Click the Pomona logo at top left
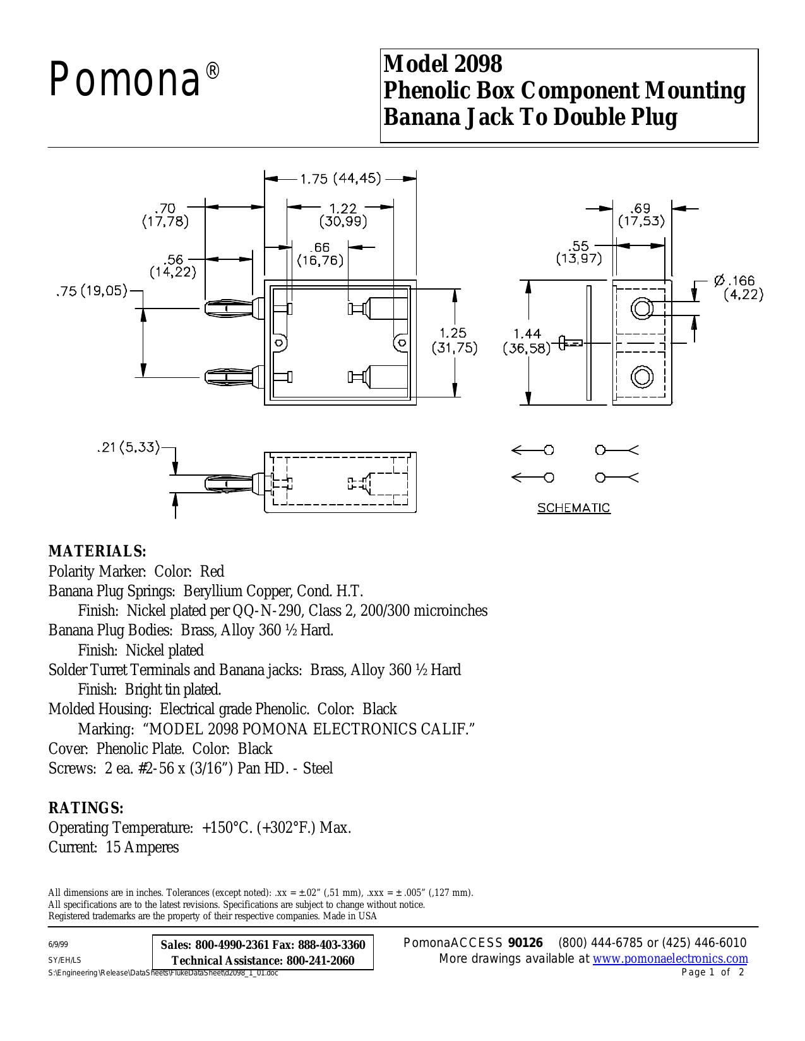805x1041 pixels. coord(134,79)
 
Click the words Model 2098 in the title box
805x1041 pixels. coord(443,64)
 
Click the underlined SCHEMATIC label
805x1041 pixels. coord(573,508)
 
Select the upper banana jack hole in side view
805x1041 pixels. coord(642,307)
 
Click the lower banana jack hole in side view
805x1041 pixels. coord(642,377)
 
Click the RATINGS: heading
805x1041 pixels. coord(86,808)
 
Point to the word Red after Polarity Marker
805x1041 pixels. coord(212,571)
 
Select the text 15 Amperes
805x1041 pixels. coord(142,847)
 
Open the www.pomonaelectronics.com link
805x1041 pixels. coord(671,958)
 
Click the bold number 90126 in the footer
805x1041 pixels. coord(525,943)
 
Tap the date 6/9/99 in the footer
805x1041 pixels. coord(58,944)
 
